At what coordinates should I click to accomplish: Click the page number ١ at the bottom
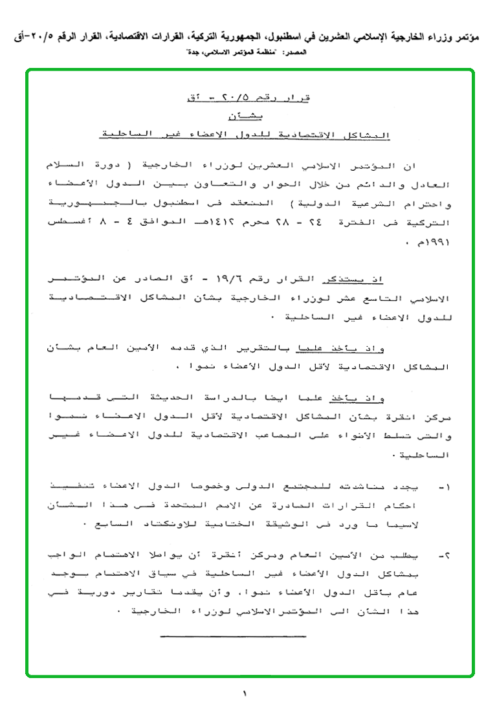245,694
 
